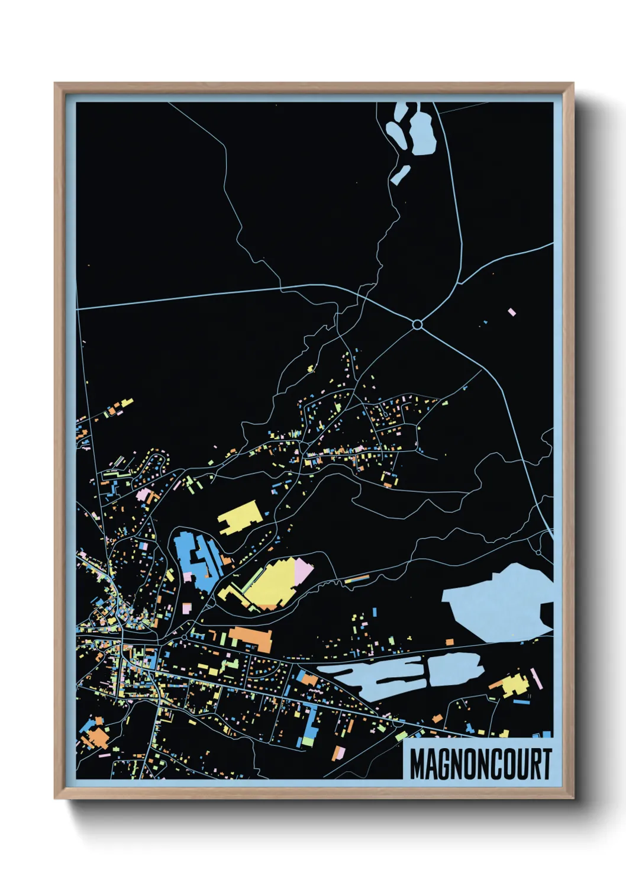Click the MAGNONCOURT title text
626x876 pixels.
point(480,764)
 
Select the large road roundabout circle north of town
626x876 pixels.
point(417,324)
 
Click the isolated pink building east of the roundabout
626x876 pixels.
point(512,311)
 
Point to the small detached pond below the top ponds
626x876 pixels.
point(401,175)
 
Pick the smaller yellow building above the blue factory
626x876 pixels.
point(240,517)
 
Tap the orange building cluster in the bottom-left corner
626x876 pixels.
point(95,737)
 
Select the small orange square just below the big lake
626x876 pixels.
point(449,642)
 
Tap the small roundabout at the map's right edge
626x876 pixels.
point(538,552)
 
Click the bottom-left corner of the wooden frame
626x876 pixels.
point(56,798)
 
